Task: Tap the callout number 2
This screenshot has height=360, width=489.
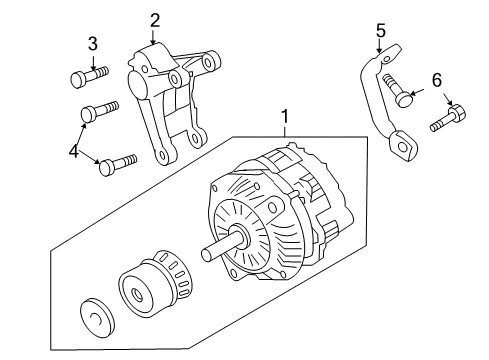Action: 155,19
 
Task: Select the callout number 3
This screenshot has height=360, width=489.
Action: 92,43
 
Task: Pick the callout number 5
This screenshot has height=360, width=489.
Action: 380,30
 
